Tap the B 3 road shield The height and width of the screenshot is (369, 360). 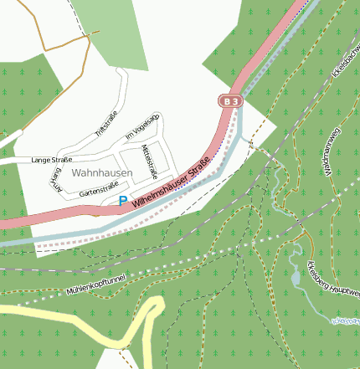pyautogui.click(x=230, y=101)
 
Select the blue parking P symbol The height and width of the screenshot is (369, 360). pyautogui.click(x=123, y=201)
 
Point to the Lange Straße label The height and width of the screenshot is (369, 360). pyautogui.click(x=51, y=159)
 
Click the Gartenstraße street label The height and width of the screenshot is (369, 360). pyautogui.click(x=97, y=192)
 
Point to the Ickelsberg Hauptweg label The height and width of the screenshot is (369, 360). pyautogui.click(x=345, y=277)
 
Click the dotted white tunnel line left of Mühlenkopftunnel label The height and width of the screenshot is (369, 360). pyautogui.click(x=33, y=300)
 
